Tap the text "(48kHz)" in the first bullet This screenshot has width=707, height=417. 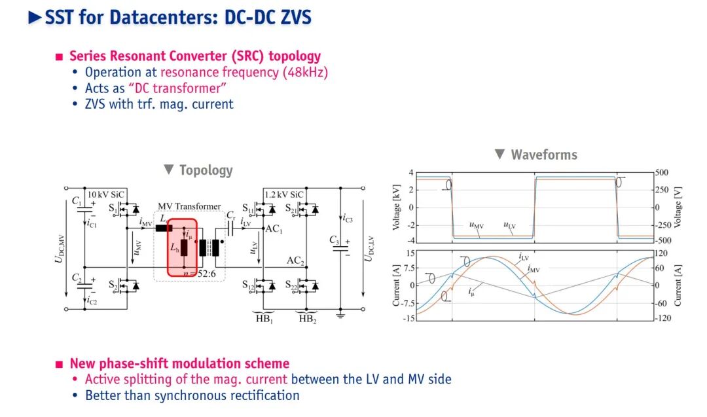(x=305, y=72)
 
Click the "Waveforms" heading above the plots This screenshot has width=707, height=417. (x=543, y=154)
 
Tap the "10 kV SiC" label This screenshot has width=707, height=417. (x=104, y=194)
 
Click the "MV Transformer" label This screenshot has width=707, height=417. (x=189, y=206)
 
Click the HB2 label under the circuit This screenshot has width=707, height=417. (x=306, y=319)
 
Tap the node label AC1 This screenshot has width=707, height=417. (x=274, y=229)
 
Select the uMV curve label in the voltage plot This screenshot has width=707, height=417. (x=477, y=226)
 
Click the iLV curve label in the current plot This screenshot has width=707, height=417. (x=524, y=258)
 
